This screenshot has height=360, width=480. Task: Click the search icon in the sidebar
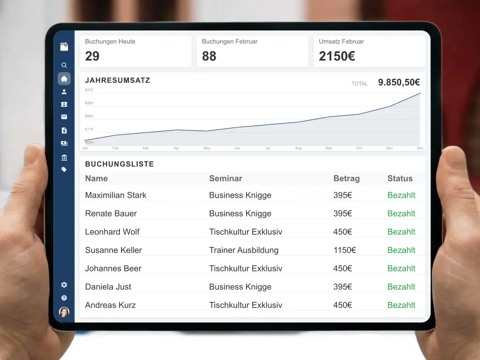pos(64,66)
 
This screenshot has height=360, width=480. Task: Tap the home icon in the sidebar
pos(64,79)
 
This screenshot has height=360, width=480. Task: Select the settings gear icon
pos(64,285)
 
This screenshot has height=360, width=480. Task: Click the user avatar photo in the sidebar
pos(64,312)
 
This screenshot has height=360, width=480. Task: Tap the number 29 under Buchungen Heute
pos(92,56)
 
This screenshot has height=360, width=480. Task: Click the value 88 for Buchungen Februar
pos(209,56)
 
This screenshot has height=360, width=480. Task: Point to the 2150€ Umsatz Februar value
pos(337,56)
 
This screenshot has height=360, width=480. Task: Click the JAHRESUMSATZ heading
pos(118,80)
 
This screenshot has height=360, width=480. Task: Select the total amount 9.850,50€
pos(399,82)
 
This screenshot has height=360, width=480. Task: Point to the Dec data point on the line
pos(420,93)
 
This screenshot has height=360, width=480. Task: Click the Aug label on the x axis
pos(298,148)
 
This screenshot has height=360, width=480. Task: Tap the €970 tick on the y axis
pos(89,90)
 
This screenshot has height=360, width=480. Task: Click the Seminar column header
pos(225,179)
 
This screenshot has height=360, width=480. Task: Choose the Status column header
pos(400,179)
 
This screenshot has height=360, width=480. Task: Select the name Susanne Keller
pos(113,250)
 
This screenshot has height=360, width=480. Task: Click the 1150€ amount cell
pos(345,250)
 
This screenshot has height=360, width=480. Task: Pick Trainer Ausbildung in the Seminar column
pos(244,250)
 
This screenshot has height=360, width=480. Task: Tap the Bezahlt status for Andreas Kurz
pos(401,305)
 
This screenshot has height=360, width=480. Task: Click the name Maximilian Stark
pos(116,195)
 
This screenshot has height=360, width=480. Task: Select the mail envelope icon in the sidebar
pos(64,117)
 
